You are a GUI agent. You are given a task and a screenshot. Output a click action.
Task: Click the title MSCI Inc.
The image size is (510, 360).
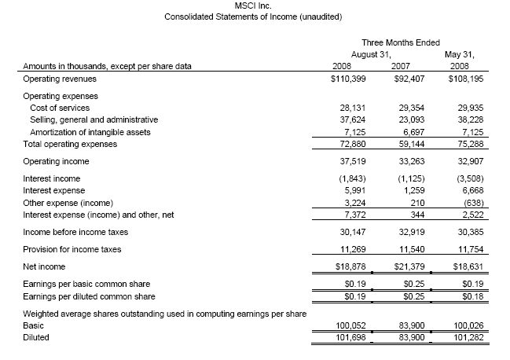254,6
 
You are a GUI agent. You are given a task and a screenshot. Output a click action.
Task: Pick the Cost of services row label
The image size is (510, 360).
59,108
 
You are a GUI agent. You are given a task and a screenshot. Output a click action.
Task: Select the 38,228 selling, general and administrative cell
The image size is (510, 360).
464,119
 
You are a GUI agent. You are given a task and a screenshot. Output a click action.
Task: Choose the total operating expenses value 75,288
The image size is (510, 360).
464,144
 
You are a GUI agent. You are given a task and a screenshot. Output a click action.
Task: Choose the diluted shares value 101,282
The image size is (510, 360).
462,336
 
